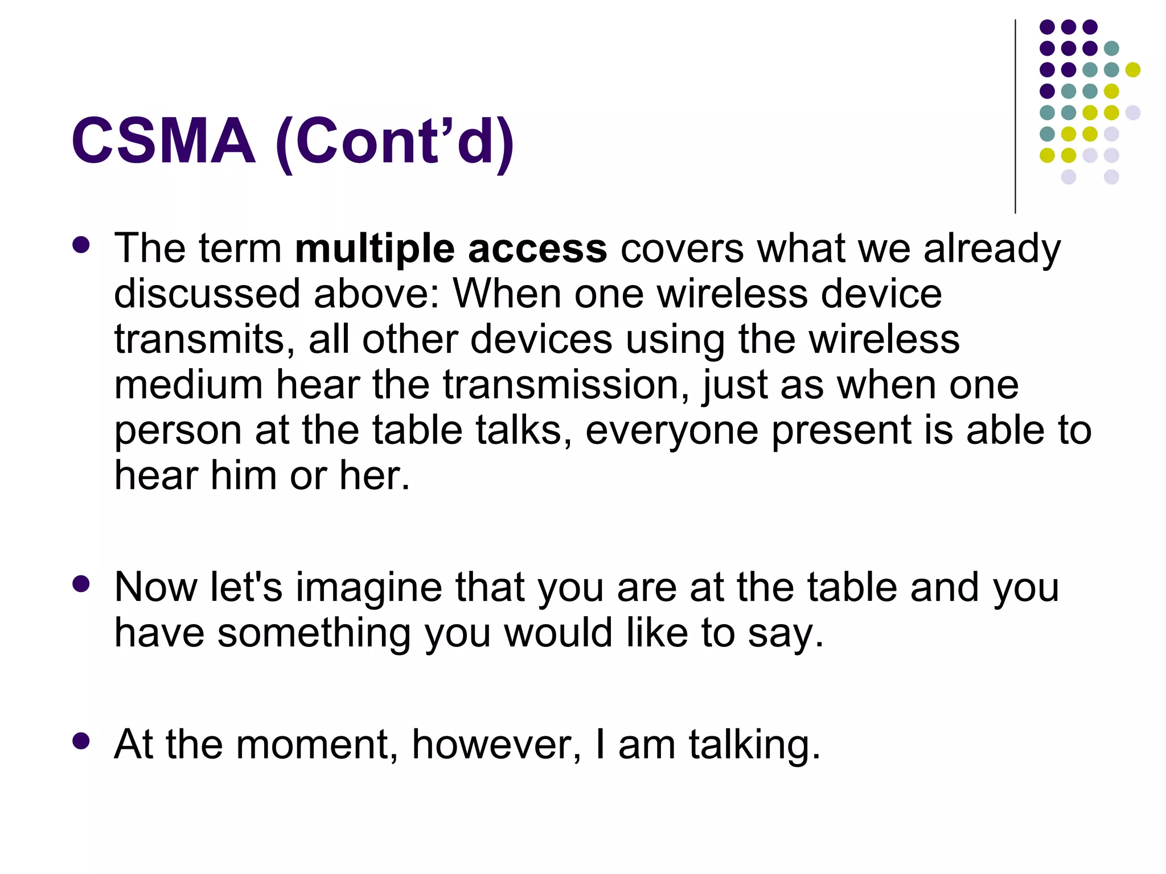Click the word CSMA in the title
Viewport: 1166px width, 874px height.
point(163,141)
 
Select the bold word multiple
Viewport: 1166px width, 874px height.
point(375,250)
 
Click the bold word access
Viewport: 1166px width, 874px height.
point(537,250)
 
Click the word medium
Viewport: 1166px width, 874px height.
point(188,385)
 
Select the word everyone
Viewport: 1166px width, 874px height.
point(671,431)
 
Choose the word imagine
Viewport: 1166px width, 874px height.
point(368,588)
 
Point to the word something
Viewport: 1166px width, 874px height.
point(314,633)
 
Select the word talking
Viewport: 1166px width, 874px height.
point(754,745)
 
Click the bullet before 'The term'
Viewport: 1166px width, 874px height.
point(81,245)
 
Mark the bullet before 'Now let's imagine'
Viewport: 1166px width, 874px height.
point(81,584)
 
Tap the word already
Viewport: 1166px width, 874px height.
point(992,250)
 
